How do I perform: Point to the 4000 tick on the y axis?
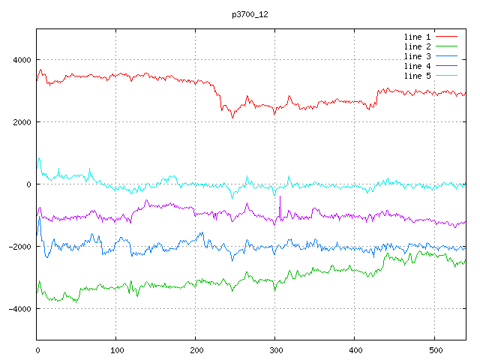20,60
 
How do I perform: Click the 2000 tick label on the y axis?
20,122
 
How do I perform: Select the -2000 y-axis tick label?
18,247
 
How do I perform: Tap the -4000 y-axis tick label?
18,309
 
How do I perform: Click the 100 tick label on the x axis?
116,349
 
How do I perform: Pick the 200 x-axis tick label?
196,349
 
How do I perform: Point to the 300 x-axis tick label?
275,349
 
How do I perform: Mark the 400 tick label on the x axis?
355,349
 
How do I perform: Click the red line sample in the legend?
447,37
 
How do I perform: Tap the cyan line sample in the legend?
447,76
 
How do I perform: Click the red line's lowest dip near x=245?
232,118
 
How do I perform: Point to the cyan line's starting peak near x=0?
39,158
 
